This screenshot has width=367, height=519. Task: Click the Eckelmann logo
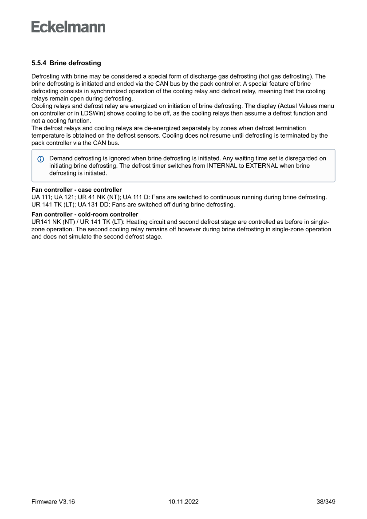click(68, 27)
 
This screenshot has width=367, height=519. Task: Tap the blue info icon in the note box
click(41, 159)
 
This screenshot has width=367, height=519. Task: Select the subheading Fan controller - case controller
click(76, 190)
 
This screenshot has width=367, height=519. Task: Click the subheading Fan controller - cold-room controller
click(85, 214)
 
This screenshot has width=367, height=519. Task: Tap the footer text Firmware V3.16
click(53, 502)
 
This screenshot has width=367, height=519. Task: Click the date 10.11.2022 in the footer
click(183, 502)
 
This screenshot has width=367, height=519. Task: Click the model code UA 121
click(64, 197)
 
